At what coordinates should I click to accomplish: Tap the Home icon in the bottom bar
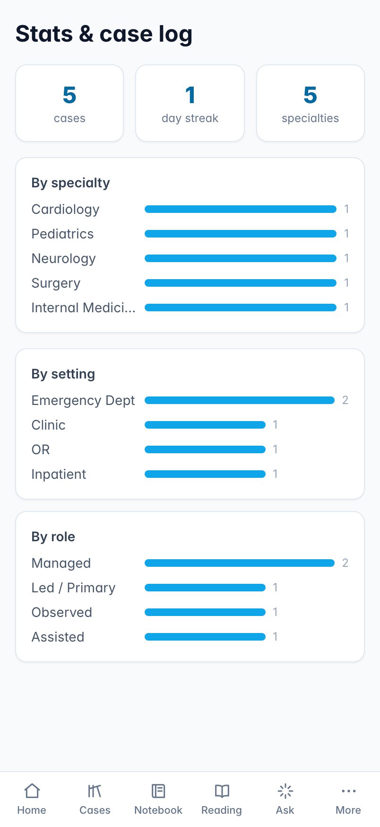[x=32, y=791]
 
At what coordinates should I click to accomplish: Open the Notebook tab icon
[x=158, y=791]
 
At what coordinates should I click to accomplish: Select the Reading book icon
[x=222, y=791]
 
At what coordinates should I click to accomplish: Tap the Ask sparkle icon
[x=285, y=791]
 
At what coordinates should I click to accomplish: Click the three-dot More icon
[x=348, y=791]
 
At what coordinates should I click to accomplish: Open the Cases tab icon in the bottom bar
[x=95, y=791]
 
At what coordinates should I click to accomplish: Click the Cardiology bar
[x=241, y=209]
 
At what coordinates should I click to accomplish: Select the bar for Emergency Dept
[x=240, y=400]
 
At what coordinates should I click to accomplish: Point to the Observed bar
[x=205, y=612]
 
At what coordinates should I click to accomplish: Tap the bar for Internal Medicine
[x=241, y=308]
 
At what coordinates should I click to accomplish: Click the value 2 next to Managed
[x=345, y=563]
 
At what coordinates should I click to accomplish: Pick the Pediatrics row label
[x=62, y=234]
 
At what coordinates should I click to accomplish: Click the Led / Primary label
[x=73, y=588]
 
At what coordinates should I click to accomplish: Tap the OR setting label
[x=41, y=449]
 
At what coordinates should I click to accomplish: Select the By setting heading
[x=63, y=374]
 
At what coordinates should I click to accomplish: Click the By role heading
[x=53, y=537]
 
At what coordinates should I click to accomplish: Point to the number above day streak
[x=190, y=95]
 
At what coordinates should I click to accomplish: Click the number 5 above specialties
[x=310, y=95]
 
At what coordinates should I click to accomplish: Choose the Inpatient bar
[x=205, y=474]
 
